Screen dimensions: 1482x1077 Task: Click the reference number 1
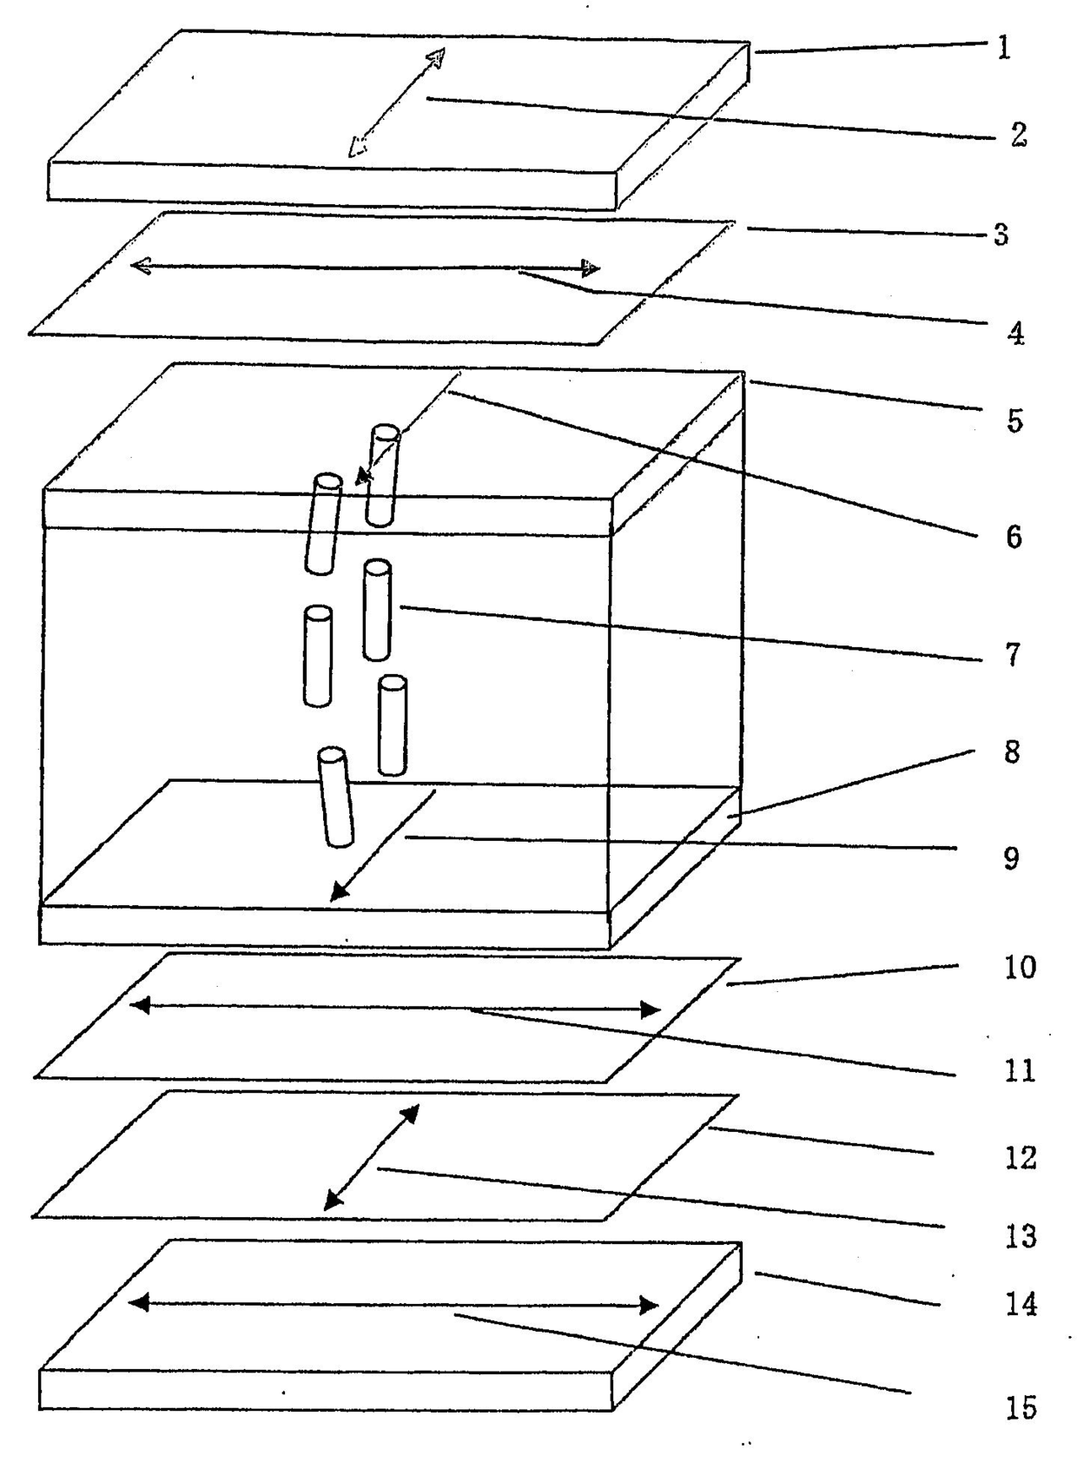(x=1004, y=47)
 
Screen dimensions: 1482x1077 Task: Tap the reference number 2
(x=1018, y=135)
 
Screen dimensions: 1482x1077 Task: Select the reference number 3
(x=1001, y=235)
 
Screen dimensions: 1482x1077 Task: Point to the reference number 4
(x=1015, y=333)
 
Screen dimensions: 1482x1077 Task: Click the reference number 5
(x=1014, y=420)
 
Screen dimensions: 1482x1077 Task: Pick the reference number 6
(x=1014, y=537)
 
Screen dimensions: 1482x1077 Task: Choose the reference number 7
(x=1013, y=654)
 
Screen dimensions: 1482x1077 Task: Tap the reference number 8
(x=1012, y=751)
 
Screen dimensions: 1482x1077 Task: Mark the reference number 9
(x=1011, y=858)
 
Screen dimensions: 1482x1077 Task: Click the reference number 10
(x=1021, y=967)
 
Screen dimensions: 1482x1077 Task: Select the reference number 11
(x=1021, y=1070)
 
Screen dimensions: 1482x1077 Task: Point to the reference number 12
(x=1021, y=1157)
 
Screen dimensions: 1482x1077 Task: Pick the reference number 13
(x=1021, y=1235)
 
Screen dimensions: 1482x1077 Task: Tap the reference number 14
(x=1021, y=1304)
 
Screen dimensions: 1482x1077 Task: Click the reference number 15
(x=1021, y=1407)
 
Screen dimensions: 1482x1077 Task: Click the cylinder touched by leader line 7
(x=377, y=610)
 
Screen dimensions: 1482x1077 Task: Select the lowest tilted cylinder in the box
(x=335, y=797)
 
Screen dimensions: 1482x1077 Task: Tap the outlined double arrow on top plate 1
(x=397, y=103)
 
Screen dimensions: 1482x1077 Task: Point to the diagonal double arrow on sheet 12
(x=372, y=1157)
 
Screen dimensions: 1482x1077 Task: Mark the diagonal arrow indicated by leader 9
(x=383, y=846)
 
